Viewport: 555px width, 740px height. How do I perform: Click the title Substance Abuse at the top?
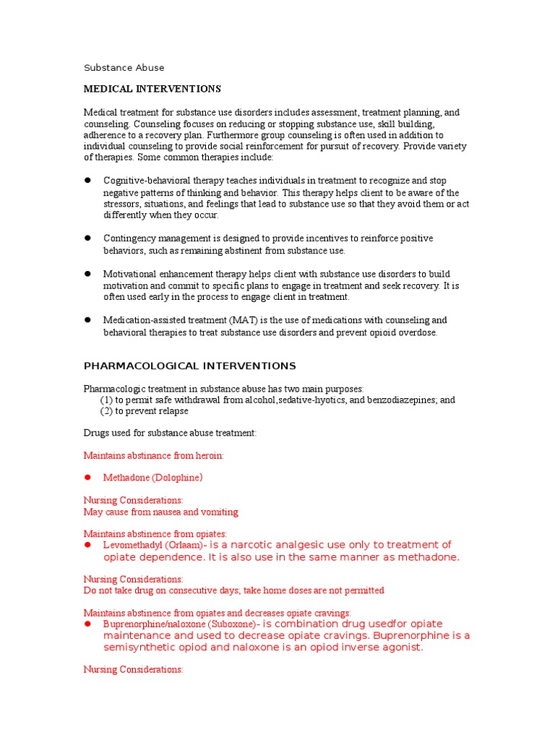pyautogui.click(x=124, y=68)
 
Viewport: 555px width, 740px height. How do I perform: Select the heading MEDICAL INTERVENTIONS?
pyautogui.click(x=152, y=89)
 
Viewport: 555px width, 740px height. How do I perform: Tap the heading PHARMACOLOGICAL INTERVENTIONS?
pyautogui.click(x=190, y=366)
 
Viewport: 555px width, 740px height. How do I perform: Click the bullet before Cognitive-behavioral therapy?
pyautogui.click(x=87, y=180)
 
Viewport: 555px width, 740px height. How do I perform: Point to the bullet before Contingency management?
pyautogui.click(x=87, y=238)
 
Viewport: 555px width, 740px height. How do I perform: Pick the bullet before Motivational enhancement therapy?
pyautogui.click(x=87, y=274)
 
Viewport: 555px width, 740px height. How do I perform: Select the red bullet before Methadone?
pyautogui.click(x=87, y=478)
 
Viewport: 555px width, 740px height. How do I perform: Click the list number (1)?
pyautogui.click(x=107, y=400)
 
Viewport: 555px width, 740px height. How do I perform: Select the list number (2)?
pyautogui.click(x=107, y=411)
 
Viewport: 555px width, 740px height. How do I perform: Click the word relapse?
pyautogui.click(x=172, y=411)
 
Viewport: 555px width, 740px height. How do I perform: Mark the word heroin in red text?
pyautogui.click(x=207, y=455)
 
